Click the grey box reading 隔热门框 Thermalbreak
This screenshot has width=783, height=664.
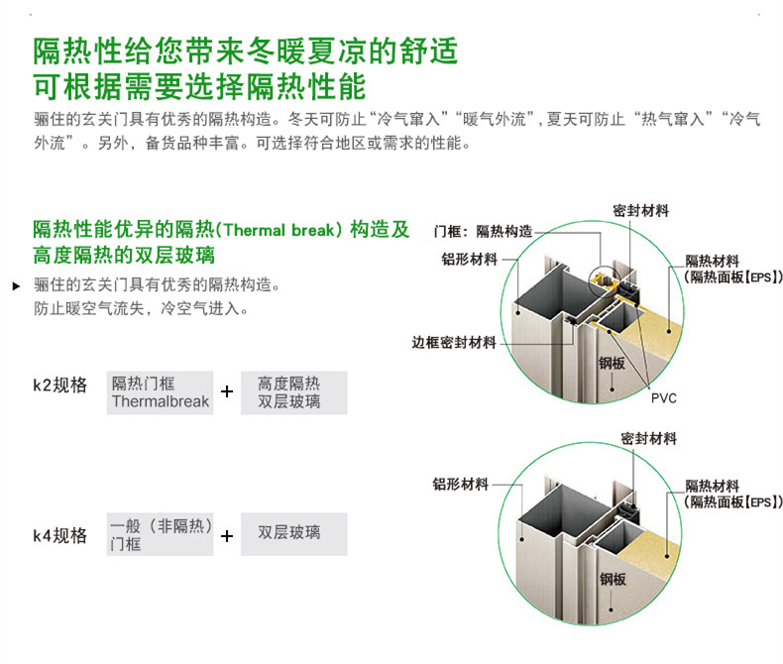coord(161,392)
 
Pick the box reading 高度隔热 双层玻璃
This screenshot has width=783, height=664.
coord(293,392)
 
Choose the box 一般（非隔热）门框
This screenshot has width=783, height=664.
coord(161,535)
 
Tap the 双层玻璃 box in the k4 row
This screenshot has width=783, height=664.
coord(293,533)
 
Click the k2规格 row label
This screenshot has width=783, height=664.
coord(59,386)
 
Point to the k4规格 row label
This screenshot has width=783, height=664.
coord(59,536)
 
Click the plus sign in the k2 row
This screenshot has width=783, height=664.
coord(227,391)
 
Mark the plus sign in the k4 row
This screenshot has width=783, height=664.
coord(227,536)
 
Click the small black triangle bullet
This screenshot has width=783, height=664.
coord(15,286)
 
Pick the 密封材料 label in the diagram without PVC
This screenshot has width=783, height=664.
coord(648,438)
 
